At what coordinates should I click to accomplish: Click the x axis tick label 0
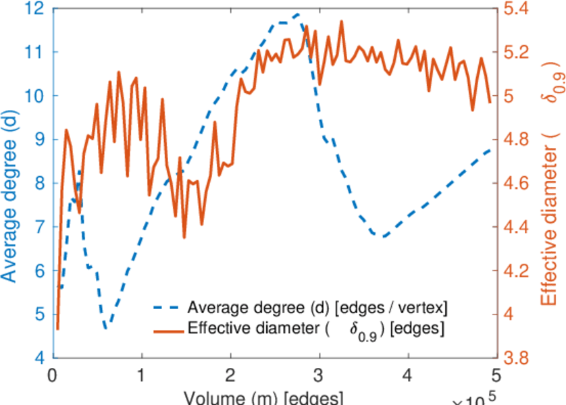[x=53, y=375]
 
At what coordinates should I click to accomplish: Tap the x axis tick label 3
[x=319, y=375]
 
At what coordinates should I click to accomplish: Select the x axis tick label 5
[x=496, y=375]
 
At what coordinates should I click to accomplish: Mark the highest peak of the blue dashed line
[x=297, y=13]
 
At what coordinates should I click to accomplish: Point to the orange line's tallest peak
[x=342, y=21]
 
